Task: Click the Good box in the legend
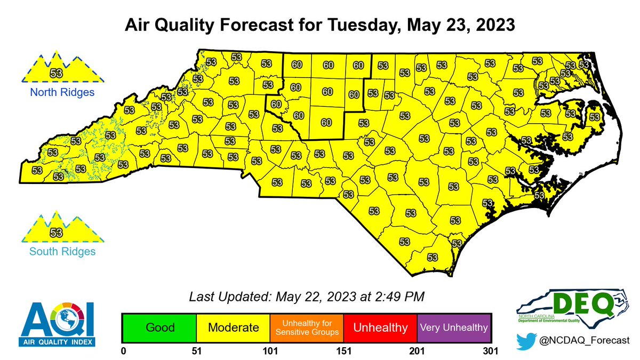(x=159, y=327)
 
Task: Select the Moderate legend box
(x=233, y=327)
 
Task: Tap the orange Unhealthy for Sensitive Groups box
(x=306, y=327)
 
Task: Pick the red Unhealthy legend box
(x=380, y=327)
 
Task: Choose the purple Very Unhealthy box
(x=453, y=327)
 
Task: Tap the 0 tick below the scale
(x=123, y=351)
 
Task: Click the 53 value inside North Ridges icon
(x=55, y=72)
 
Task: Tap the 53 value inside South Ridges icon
(x=55, y=233)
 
